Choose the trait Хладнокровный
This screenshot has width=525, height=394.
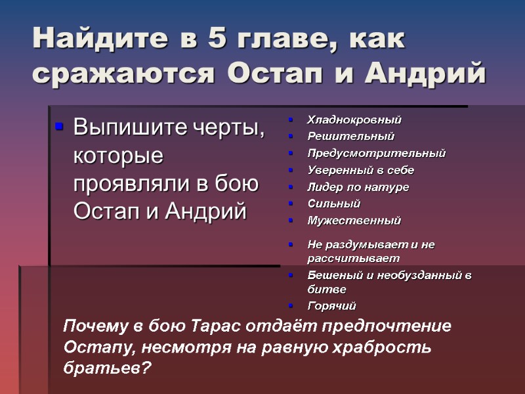click(354, 120)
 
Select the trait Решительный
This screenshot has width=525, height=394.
click(350, 137)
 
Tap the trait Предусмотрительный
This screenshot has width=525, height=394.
click(376, 154)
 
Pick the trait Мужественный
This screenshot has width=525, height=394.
click(354, 221)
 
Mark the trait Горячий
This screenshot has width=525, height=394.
click(331, 306)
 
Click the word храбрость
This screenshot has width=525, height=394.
click(381, 347)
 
